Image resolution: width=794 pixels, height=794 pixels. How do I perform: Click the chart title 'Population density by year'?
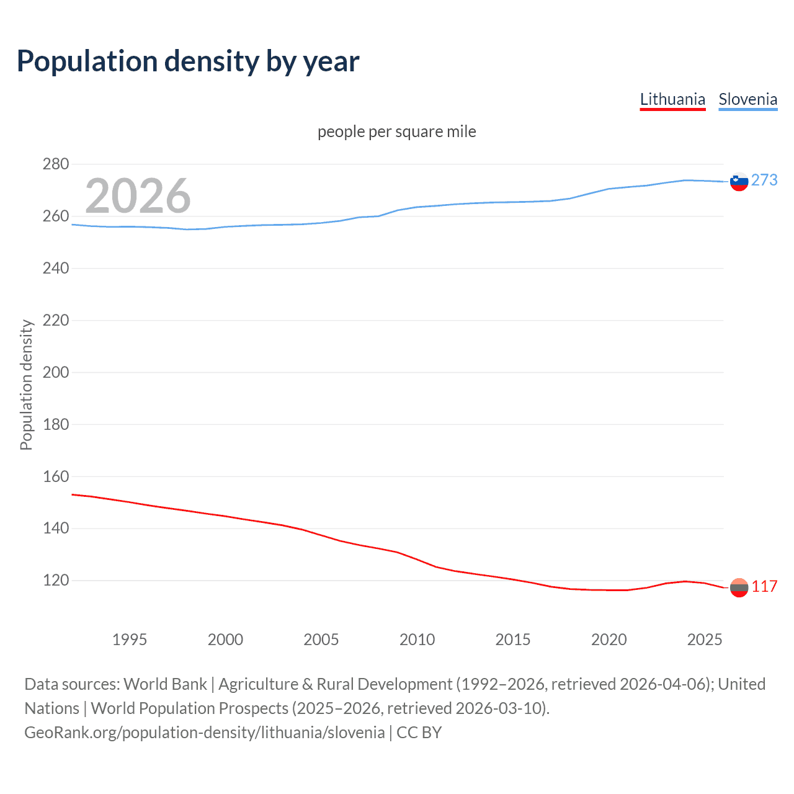coord(188,61)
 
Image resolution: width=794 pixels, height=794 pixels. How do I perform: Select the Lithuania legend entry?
coord(672,99)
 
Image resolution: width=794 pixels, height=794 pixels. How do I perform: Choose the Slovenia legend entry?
coord(747,99)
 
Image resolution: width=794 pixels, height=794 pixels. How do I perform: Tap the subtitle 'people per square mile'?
coord(396,132)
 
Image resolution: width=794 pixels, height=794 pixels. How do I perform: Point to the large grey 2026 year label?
coord(138,195)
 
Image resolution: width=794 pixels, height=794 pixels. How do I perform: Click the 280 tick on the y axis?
coord(56,164)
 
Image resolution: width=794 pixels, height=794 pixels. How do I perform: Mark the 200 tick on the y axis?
coord(56,372)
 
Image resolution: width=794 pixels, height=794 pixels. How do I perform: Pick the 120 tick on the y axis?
coord(56,581)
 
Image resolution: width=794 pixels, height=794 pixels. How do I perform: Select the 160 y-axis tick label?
coord(56,476)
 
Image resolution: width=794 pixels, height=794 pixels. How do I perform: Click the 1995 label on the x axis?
coord(130,640)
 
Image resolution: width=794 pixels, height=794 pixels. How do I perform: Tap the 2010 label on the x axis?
coord(417,640)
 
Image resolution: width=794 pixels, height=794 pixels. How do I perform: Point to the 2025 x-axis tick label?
coord(705,640)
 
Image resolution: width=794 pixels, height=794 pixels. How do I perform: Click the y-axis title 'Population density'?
coord(26,385)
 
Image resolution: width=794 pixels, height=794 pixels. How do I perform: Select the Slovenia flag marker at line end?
coord(739,182)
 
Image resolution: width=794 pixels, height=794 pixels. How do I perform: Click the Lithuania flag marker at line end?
coord(739,587)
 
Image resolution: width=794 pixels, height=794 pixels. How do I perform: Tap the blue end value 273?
coord(764,180)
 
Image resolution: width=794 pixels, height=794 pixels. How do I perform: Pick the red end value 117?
coord(764,587)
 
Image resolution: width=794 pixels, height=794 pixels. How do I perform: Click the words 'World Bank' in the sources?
coord(165,684)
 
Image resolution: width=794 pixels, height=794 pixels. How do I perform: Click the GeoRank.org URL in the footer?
coord(204,733)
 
